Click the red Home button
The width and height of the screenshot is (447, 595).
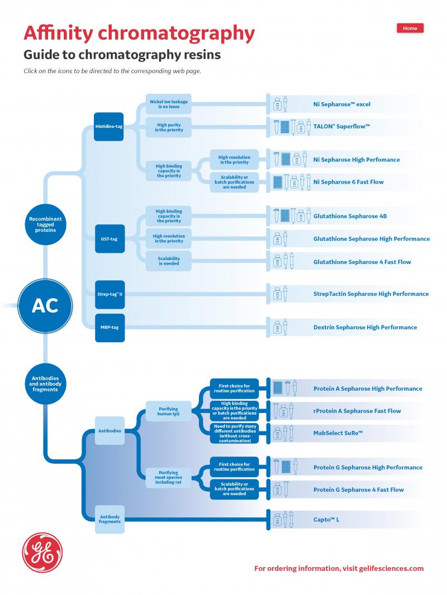pos(410,28)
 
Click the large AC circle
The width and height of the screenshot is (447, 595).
pos(45,305)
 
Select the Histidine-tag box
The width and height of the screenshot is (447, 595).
pos(109,127)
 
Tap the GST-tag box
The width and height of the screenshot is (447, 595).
pos(109,239)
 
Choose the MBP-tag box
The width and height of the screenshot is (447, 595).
pos(109,327)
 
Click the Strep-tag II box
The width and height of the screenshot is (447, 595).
pos(109,294)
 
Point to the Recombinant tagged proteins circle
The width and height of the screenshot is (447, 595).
pos(45,225)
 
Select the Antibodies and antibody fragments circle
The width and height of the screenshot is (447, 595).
pos(45,384)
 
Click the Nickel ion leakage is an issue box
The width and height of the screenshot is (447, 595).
pos(169,104)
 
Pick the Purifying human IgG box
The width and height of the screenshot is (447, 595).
pos(168,411)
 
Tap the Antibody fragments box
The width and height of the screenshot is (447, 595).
pos(110,519)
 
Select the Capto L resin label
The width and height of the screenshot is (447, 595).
pos(326,520)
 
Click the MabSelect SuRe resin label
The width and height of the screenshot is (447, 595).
pos(338,433)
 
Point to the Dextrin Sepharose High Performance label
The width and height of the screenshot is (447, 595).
pos(365,327)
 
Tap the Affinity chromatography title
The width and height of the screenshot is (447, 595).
pos(139,33)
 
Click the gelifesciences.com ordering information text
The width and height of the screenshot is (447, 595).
pos(339,569)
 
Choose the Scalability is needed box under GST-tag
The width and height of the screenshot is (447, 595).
pos(168,261)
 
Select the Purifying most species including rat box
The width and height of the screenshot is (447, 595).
pos(168,477)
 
